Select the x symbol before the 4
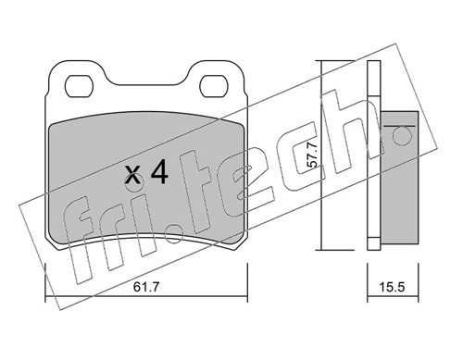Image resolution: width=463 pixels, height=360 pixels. pos(133,175)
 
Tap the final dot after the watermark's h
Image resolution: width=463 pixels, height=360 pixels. pos(401,136)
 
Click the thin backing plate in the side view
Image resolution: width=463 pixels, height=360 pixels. pos(373,157)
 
